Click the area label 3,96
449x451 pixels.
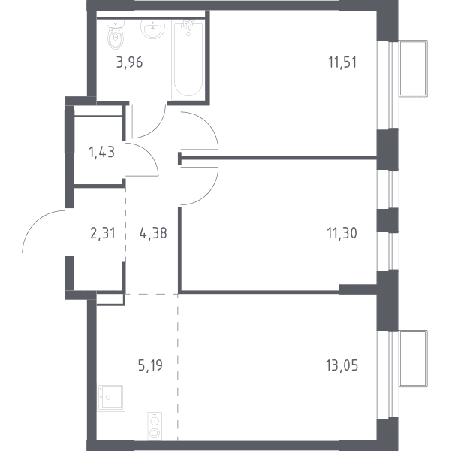click(x=130, y=62)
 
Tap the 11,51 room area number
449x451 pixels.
click(x=342, y=62)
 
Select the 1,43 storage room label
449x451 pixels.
click(x=101, y=152)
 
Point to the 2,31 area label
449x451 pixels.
click(x=103, y=233)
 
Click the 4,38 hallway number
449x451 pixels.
click(x=153, y=233)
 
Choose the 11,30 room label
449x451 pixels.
click(x=342, y=233)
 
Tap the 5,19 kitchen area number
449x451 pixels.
click(x=150, y=365)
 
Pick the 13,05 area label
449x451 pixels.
click(x=342, y=365)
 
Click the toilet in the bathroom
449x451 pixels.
click(x=116, y=35)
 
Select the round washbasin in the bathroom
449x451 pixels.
click(x=153, y=29)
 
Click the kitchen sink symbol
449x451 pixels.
click(x=111, y=397)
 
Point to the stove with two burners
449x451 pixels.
click(x=155, y=426)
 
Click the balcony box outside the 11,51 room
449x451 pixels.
click(x=413, y=68)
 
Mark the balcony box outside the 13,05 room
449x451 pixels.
click(x=413, y=359)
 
